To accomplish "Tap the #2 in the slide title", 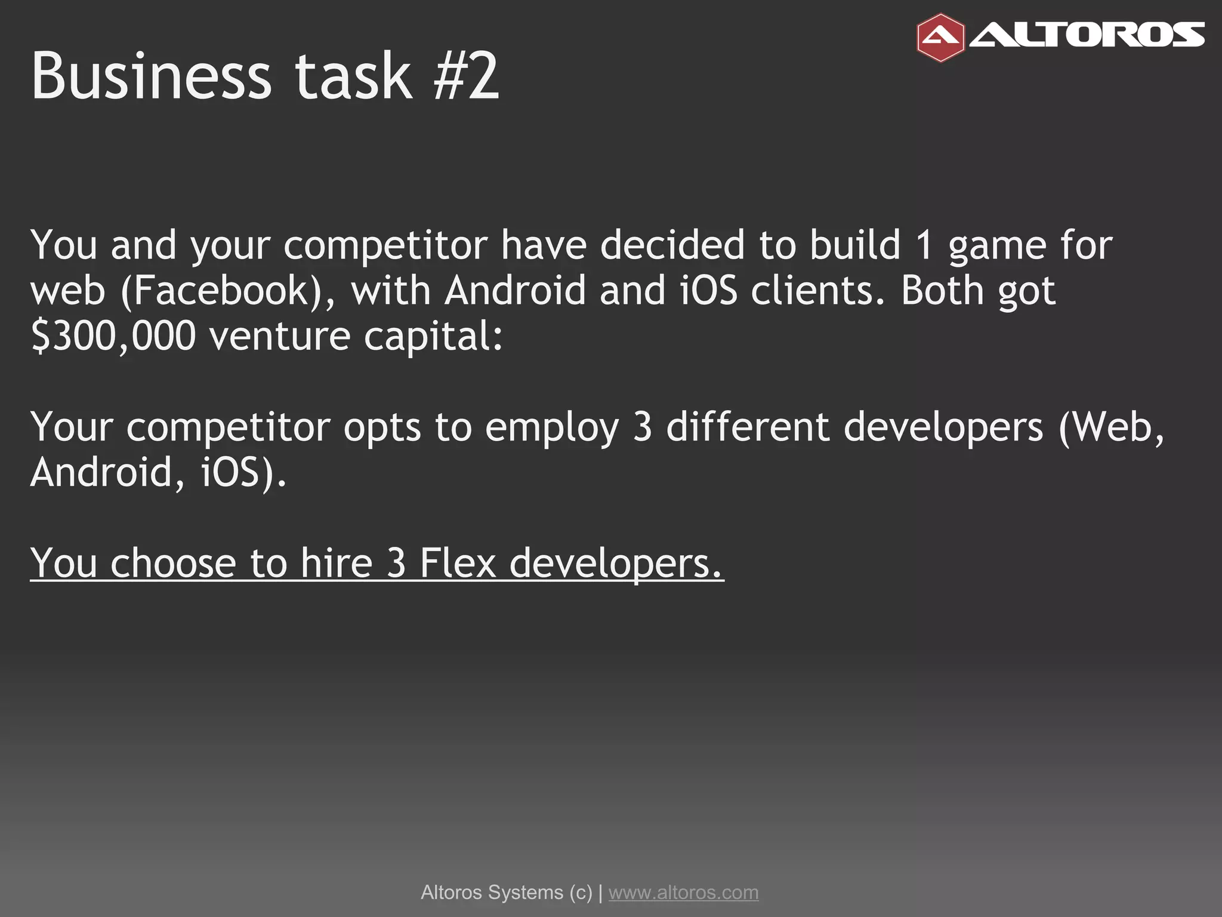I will click(x=465, y=76).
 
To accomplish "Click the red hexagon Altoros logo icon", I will click(x=940, y=38).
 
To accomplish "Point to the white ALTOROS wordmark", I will click(x=1087, y=35).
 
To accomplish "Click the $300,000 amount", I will click(x=113, y=336).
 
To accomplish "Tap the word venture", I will click(x=279, y=336).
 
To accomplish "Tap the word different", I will click(x=748, y=427).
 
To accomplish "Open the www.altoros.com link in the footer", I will click(x=683, y=892).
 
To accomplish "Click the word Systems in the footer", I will click(x=525, y=892).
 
